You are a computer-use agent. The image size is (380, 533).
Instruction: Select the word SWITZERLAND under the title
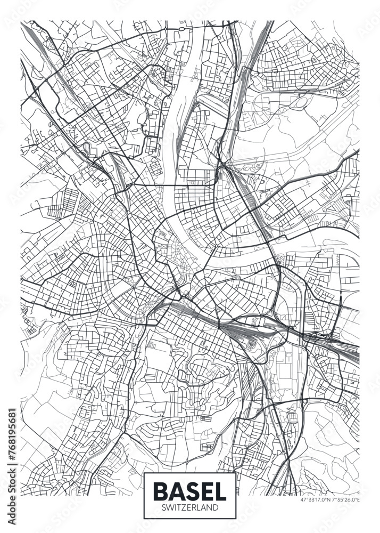coord(189,508)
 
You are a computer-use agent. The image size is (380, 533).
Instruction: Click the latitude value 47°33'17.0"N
coord(312,499)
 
